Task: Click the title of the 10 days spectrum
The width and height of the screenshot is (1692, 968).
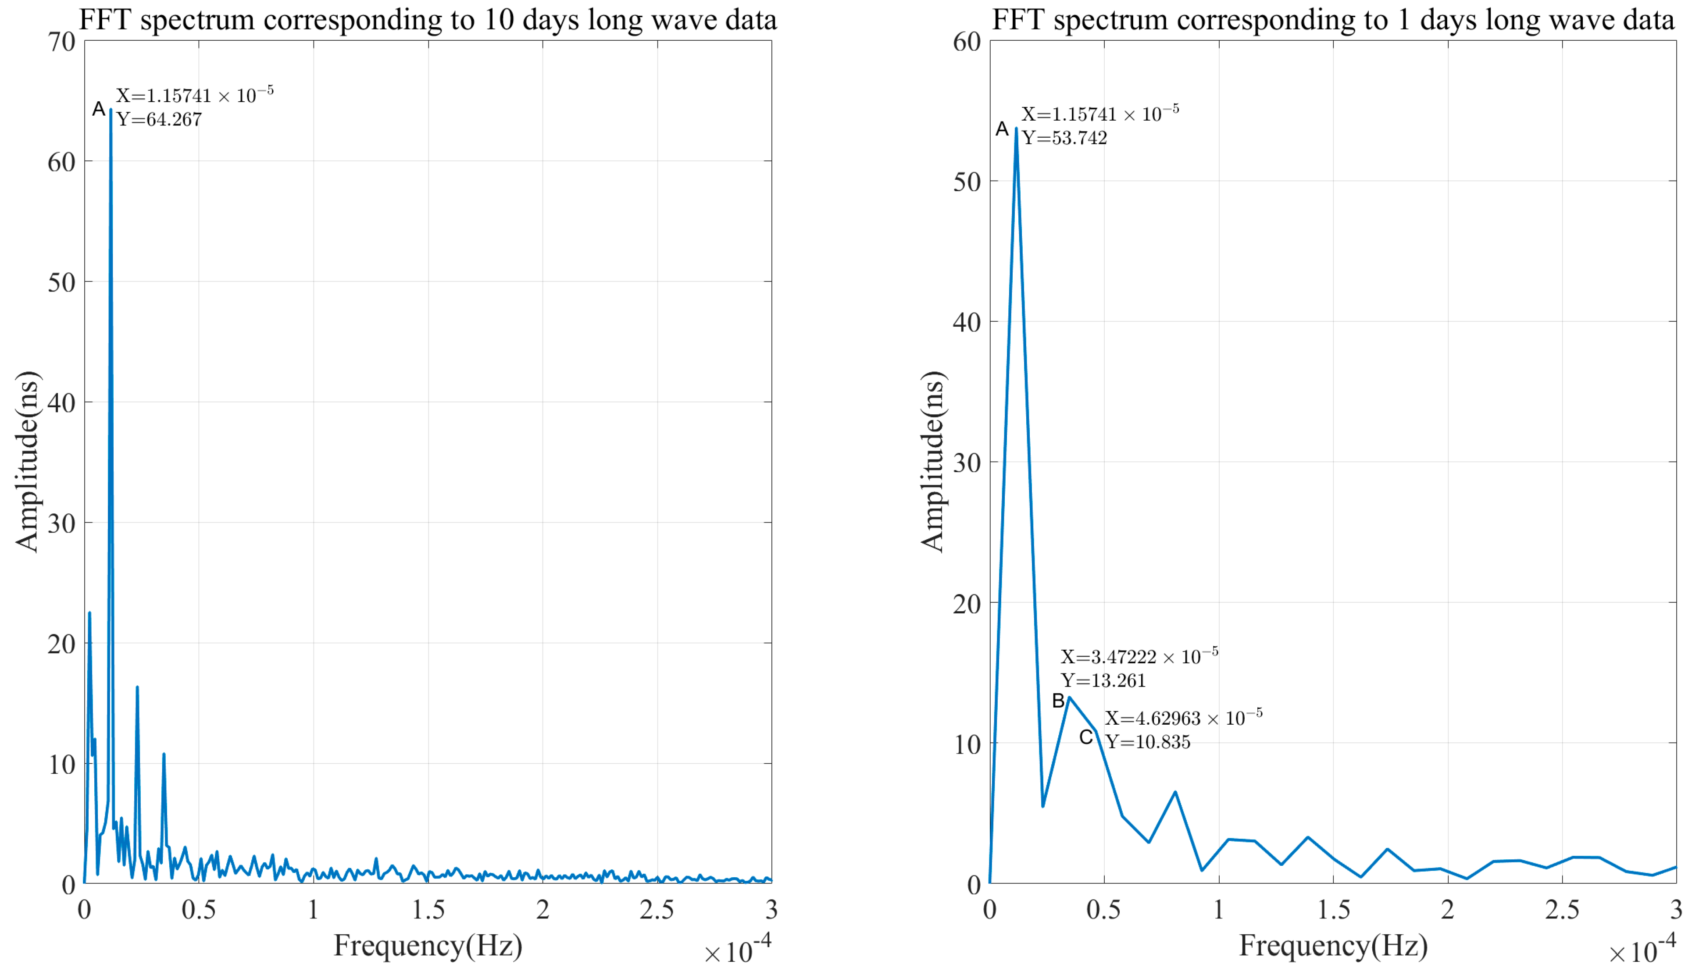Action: pos(428,19)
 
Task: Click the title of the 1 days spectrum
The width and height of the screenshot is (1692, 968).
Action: pos(1333,19)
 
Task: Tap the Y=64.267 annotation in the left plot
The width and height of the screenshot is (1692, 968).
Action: pos(159,120)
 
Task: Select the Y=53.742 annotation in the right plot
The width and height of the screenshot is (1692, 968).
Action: pos(1064,138)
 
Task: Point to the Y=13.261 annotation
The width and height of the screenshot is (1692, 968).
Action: pos(1103,681)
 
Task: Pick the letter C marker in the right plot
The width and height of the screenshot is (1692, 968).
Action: pos(1085,737)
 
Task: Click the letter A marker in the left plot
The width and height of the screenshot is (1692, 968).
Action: pos(98,109)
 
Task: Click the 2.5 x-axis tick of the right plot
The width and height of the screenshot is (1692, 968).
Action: pos(1562,910)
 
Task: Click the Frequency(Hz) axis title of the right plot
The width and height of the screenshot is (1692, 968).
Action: pos(1333,945)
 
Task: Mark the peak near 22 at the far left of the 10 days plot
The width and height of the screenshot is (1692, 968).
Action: pos(89,613)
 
